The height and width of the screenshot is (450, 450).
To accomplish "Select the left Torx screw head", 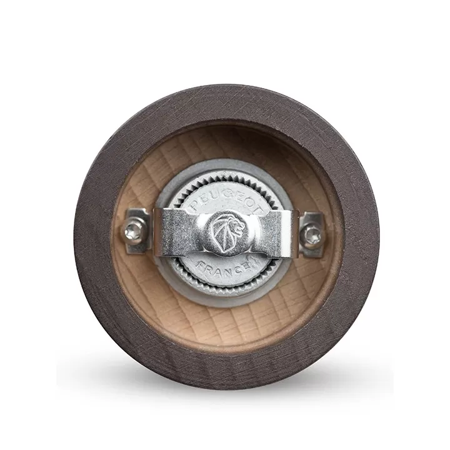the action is click(134, 229).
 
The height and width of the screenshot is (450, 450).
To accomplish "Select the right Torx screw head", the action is click(312, 234).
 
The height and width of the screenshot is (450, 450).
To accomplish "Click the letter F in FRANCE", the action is click(201, 264).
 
